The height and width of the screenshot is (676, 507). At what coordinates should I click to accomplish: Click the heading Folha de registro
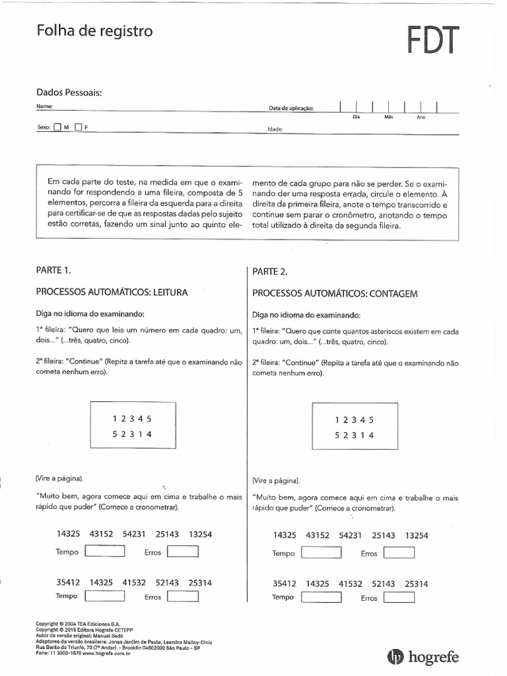[x=94, y=31]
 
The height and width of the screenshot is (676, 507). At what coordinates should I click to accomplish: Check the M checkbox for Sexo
[x=57, y=127]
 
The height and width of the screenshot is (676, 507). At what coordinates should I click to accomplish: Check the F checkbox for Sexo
[x=79, y=127]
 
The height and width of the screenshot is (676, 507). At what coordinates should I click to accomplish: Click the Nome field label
[x=44, y=106]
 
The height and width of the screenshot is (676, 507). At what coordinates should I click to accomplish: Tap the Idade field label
[x=275, y=130]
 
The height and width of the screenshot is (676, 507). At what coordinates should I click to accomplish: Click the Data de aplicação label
[x=291, y=108]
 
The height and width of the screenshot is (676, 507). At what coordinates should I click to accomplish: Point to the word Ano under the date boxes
[x=421, y=118]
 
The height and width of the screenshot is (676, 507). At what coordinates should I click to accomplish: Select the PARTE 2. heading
[x=270, y=271]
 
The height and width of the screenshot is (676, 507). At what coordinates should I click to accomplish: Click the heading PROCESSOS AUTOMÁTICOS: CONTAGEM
[x=335, y=294]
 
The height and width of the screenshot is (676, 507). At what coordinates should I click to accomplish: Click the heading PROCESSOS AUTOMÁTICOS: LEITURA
[x=112, y=292]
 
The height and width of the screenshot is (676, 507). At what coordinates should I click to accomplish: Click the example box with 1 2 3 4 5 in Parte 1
[x=133, y=426]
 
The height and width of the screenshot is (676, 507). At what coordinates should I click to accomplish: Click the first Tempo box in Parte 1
[x=105, y=552]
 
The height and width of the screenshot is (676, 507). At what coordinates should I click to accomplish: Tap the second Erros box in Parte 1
[x=183, y=597]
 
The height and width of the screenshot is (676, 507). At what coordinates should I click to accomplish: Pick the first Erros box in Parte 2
[x=399, y=553]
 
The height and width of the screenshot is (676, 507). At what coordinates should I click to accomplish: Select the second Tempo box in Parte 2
[x=321, y=597]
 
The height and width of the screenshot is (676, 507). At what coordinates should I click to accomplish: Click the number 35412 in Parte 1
[x=68, y=583]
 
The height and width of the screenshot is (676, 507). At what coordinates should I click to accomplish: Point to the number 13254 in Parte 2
[x=417, y=536]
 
